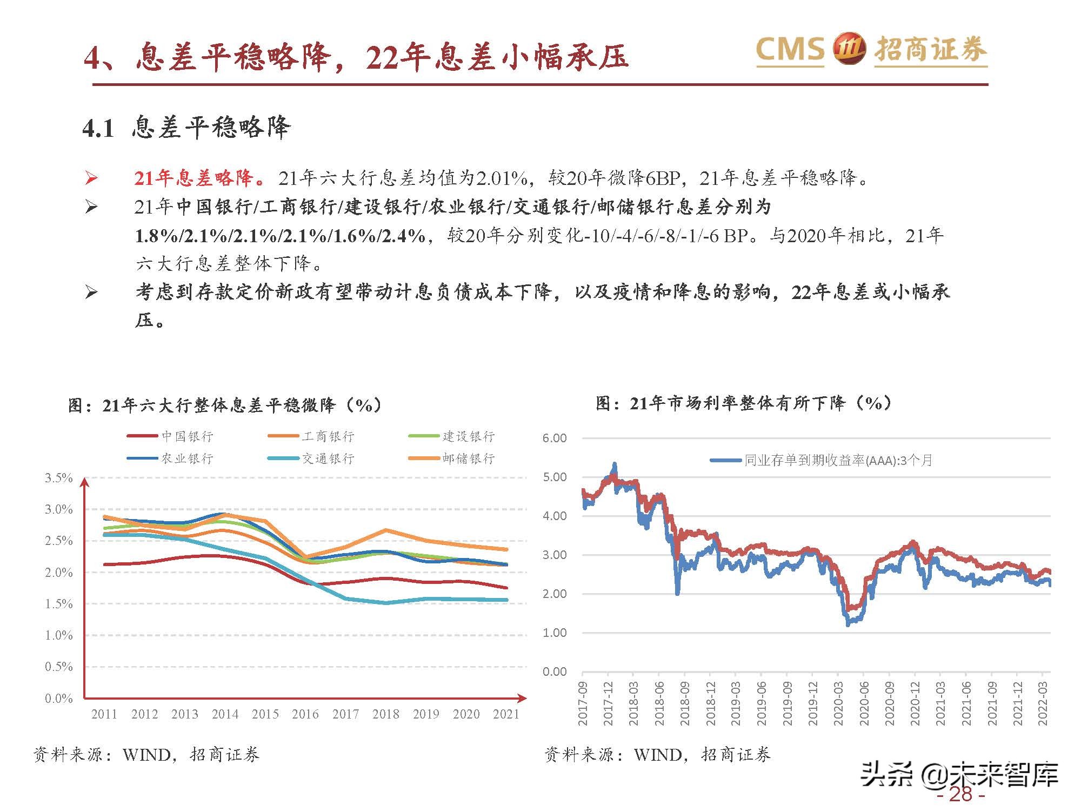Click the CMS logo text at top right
pos(790,50)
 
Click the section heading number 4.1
pos(98,129)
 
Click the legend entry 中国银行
pos(187,436)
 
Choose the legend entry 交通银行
pos(328,458)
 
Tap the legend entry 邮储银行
pos(468,458)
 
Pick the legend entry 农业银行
pos(187,458)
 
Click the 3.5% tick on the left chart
pos(58,478)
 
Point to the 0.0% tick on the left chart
pos(58,698)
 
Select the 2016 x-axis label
pos(305,714)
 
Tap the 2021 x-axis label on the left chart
pos(506,714)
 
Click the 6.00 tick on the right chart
pos(555,438)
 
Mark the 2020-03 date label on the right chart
pos(838,703)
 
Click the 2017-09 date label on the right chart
pos(583,703)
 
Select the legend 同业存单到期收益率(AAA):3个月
pos(838,461)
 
